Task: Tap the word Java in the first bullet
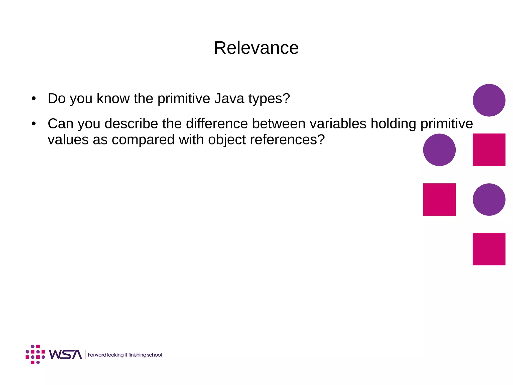pos(229,98)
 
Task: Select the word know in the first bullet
pos(113,98)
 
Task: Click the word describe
pos(131,124)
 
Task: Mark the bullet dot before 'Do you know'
pos(34,98)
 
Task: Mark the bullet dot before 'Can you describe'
pos(34,124)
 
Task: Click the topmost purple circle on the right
pos(489,100)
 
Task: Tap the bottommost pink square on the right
pos(489,249)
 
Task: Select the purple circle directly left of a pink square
pos(439,150)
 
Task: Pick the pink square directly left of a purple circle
pos(439,199)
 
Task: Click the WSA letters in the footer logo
pos(65,354)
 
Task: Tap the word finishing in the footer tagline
pos(137,355)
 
